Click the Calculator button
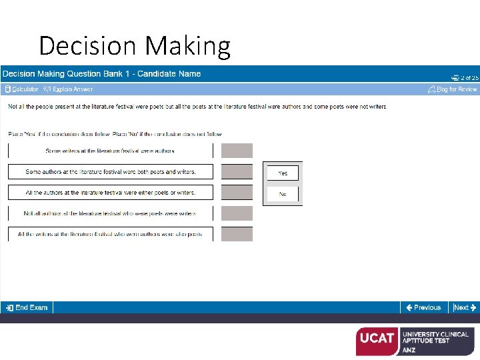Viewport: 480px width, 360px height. point(21,89)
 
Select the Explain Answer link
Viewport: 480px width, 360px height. point(68,89)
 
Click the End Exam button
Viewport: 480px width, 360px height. point(26,307)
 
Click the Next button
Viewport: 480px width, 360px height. point(464,307)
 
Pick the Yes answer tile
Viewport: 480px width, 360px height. point(283,173)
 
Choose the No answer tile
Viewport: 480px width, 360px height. point(283,194)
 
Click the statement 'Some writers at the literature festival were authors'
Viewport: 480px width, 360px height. point(110,151)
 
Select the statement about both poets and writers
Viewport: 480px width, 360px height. point(110,172)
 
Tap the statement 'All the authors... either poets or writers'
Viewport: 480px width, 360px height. point(110,193)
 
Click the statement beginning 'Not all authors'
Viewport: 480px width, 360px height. point(110,213)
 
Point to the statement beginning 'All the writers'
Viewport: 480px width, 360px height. point(110,235)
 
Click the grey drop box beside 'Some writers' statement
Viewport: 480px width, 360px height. point(237,151)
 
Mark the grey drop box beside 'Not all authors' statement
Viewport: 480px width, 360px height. point(237,213)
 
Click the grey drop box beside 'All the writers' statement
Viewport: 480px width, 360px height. point(237,235)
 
